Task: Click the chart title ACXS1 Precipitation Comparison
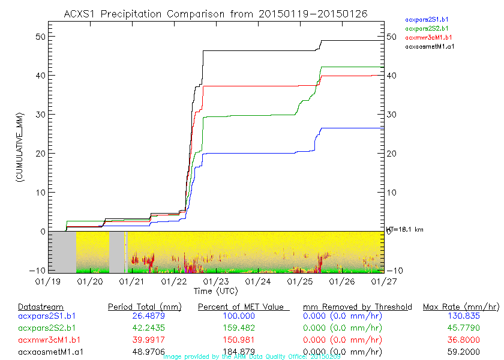pos(215,13)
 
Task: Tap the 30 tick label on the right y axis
pos(392,115)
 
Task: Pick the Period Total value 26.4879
pos(144,316)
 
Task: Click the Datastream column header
pos(41,307)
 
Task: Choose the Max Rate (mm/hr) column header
pos(460,307)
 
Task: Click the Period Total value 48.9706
pos(144,352)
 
